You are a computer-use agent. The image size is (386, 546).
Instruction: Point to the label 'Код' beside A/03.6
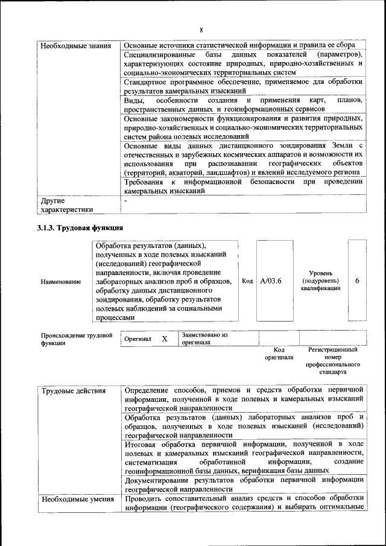click(x=247, y=281)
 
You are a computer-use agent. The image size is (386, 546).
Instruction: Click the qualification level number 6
click(x=357, y=281)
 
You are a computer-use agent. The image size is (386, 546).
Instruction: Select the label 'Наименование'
click(x=61, y=282)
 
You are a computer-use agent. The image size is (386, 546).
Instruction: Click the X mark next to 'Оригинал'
click(x=164, y=339)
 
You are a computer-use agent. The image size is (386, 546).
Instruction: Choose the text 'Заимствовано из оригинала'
click(x=204, y=338)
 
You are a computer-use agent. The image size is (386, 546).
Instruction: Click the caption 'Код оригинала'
click(x=279, y=354)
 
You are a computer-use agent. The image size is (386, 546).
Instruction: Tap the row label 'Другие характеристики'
click(x=67, y=206)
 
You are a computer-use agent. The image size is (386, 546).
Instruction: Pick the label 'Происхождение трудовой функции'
click(x=77, y=339)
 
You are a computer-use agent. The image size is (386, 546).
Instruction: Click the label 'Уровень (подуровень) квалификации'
click(x=320, y=281)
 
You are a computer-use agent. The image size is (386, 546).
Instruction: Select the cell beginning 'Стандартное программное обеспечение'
click(x=243, y=86)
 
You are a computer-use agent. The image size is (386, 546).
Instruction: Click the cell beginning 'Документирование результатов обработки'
click(x=243, y=484)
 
